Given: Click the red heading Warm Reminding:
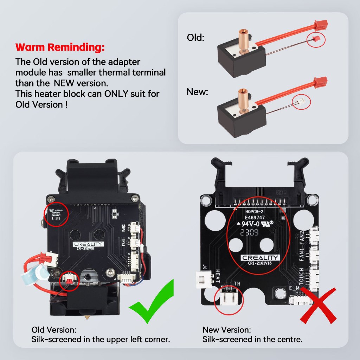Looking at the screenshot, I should click(60, 47).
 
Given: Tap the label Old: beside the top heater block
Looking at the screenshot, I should click(195, 38).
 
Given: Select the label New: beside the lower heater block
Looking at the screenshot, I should click(197, 92).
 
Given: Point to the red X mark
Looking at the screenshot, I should click(319, 304).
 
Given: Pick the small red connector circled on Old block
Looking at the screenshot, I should click(316, 39).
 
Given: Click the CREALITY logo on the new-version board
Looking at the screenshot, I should click(261, 258).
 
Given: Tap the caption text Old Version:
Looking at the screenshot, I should click(54, 330).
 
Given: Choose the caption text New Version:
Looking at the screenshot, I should click(227, 330).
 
